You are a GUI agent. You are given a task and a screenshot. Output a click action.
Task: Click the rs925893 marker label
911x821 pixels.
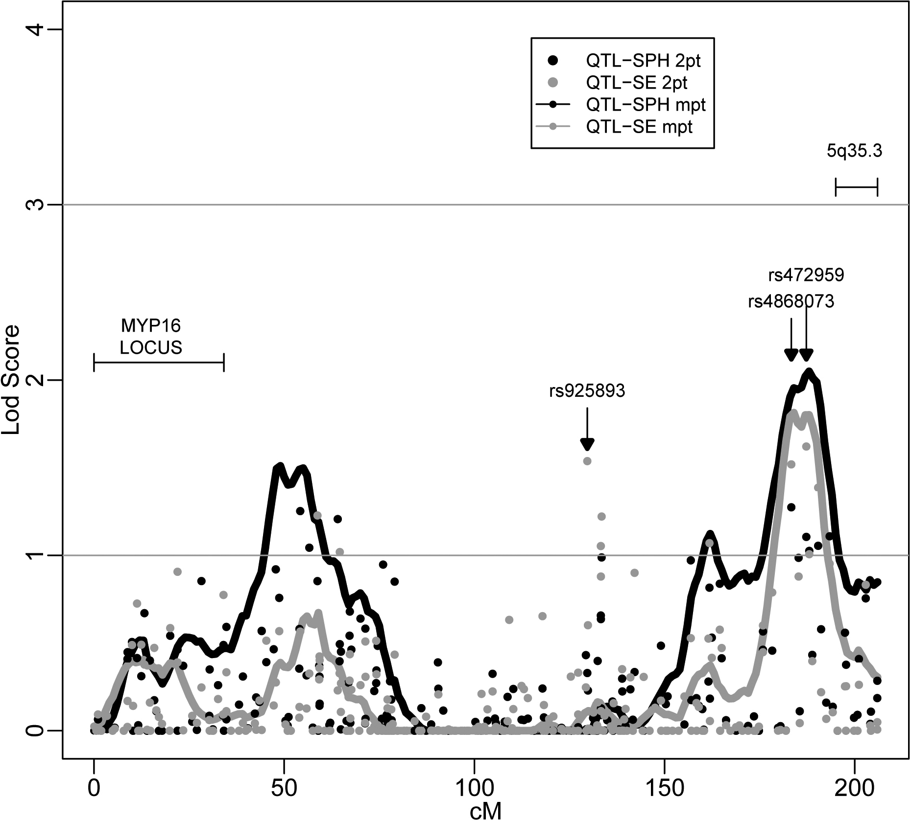(587, 391)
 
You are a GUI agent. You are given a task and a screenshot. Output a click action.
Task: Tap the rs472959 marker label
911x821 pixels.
(806, 275)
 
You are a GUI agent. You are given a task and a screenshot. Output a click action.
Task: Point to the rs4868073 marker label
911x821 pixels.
(791, 302)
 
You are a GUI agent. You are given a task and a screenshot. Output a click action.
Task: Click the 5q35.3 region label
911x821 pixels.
(855, 152)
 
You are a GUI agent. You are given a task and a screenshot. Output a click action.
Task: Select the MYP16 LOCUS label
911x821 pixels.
(151, 336)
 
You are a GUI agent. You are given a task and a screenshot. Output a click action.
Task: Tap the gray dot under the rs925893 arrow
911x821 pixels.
(587, 461)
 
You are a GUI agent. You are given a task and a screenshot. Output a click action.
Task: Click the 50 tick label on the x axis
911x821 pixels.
(284, 788)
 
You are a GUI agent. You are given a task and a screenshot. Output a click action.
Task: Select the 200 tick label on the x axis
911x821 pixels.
(855, 788)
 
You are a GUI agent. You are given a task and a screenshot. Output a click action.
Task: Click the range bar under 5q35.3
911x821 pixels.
(856, 187)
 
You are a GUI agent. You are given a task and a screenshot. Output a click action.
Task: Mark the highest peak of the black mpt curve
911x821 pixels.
(809, 372)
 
